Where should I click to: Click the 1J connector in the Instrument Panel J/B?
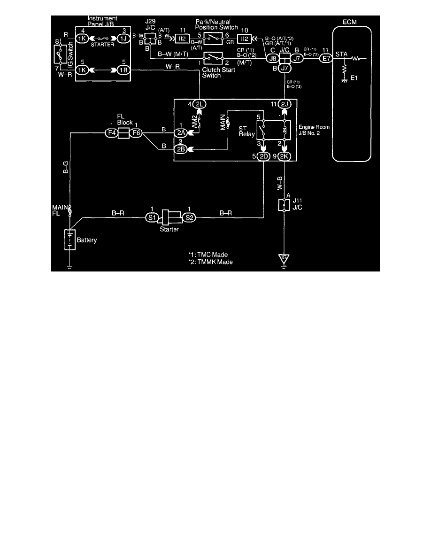123,38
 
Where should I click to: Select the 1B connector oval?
123,70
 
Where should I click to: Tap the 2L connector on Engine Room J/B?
200,103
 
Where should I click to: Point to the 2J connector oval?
284,103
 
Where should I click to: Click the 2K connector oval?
284,155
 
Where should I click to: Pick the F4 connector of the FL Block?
111,133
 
